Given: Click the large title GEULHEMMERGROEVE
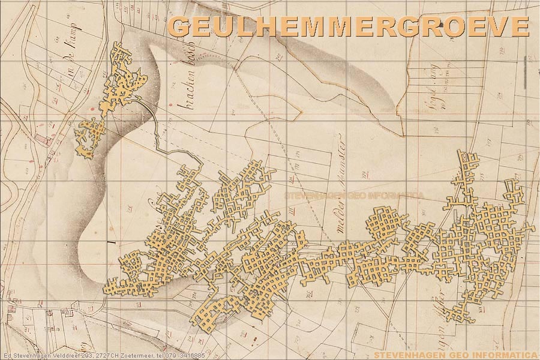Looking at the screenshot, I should point(348,27).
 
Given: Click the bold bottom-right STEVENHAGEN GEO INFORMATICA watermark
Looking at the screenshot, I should point(455,355).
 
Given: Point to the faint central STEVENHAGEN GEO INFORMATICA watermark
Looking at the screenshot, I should point(354,196).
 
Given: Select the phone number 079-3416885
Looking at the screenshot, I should point(185,356).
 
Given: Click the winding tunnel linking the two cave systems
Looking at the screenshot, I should point(157,129).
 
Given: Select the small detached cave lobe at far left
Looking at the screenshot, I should point(89,137).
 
